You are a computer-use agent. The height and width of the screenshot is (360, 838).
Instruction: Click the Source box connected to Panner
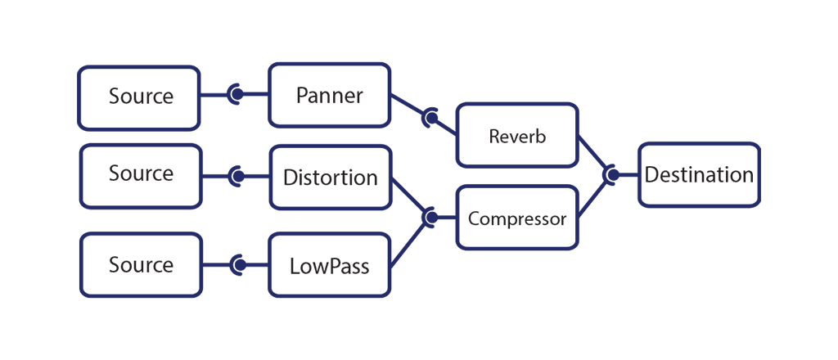139,97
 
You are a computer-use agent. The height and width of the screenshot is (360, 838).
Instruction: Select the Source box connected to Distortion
140,175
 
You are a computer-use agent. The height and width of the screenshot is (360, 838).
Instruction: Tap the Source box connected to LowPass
140,265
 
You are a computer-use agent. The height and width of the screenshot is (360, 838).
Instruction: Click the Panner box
329,95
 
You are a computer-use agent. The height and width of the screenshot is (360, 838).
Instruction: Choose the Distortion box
330,177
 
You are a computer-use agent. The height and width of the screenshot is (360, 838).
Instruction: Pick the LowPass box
329,266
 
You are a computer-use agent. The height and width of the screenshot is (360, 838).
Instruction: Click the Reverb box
517,136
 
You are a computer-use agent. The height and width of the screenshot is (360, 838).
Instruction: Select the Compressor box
517,218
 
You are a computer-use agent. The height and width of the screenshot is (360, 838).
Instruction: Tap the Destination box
699,174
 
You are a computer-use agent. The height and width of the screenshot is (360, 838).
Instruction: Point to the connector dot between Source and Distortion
237,176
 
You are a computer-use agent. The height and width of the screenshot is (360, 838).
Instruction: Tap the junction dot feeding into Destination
610,174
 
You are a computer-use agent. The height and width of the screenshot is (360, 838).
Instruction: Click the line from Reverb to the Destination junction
592,155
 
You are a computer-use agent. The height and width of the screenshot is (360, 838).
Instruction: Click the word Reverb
517,136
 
